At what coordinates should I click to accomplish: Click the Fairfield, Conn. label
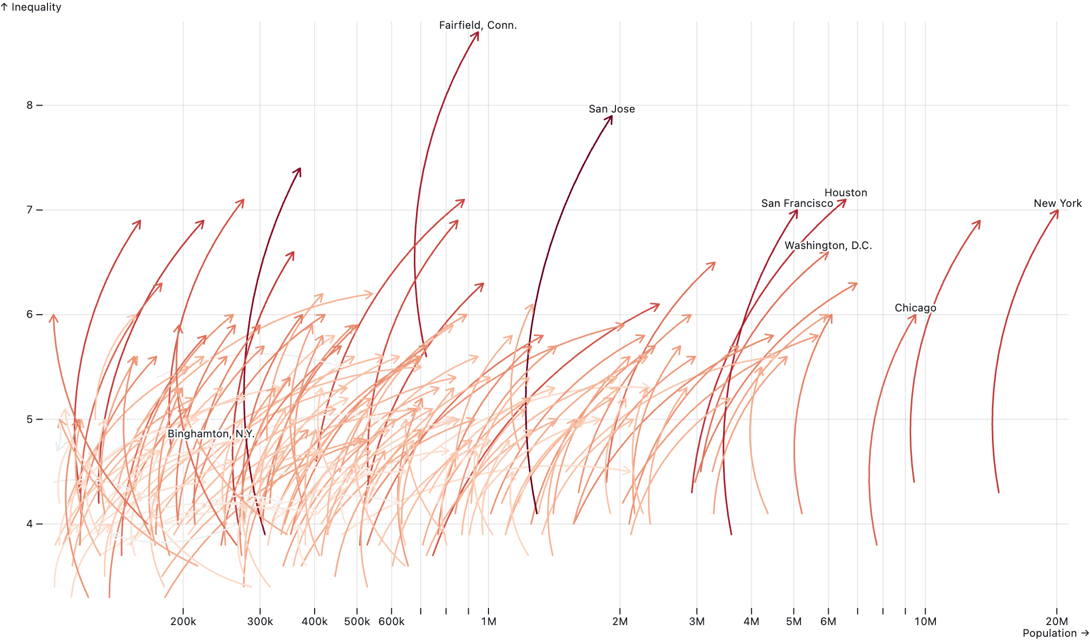tap(478, 25)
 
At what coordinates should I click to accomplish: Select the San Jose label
tap(612, 109)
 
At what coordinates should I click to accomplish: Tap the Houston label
tap(846, 193)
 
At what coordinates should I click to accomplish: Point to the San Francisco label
tap(797, 203)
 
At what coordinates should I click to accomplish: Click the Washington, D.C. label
tap(828, 245)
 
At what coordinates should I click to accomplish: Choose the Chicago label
tap(915, 308)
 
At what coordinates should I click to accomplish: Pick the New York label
tap(1057, 203)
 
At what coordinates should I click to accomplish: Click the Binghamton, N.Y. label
tap(211, 434)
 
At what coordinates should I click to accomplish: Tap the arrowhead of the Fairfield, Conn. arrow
tap(477, 33)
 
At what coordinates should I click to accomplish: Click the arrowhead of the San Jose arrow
tap(611, 117)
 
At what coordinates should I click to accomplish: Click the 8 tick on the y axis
tap(30, 105)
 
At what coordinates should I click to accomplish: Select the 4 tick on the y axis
tap(30, 524)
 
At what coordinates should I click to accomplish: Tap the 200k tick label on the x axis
tap(183, 621)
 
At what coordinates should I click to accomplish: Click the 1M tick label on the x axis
tap(488, 621)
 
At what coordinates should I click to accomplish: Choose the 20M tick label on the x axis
tap(1056, 621)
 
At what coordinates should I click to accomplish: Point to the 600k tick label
tap(391, 621)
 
